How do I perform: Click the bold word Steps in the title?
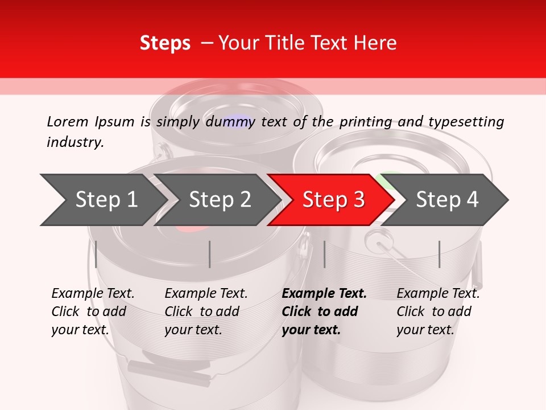pos(165,43)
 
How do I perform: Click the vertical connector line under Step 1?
pos(96,254)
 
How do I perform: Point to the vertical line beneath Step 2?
pos(210,254)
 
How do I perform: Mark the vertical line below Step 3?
pos(324,254)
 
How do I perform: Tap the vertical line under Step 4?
pos(440,254)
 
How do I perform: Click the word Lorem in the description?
pos(68,122)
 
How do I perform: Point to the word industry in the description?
pos(75,142)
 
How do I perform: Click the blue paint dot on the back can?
pos(240,121)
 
